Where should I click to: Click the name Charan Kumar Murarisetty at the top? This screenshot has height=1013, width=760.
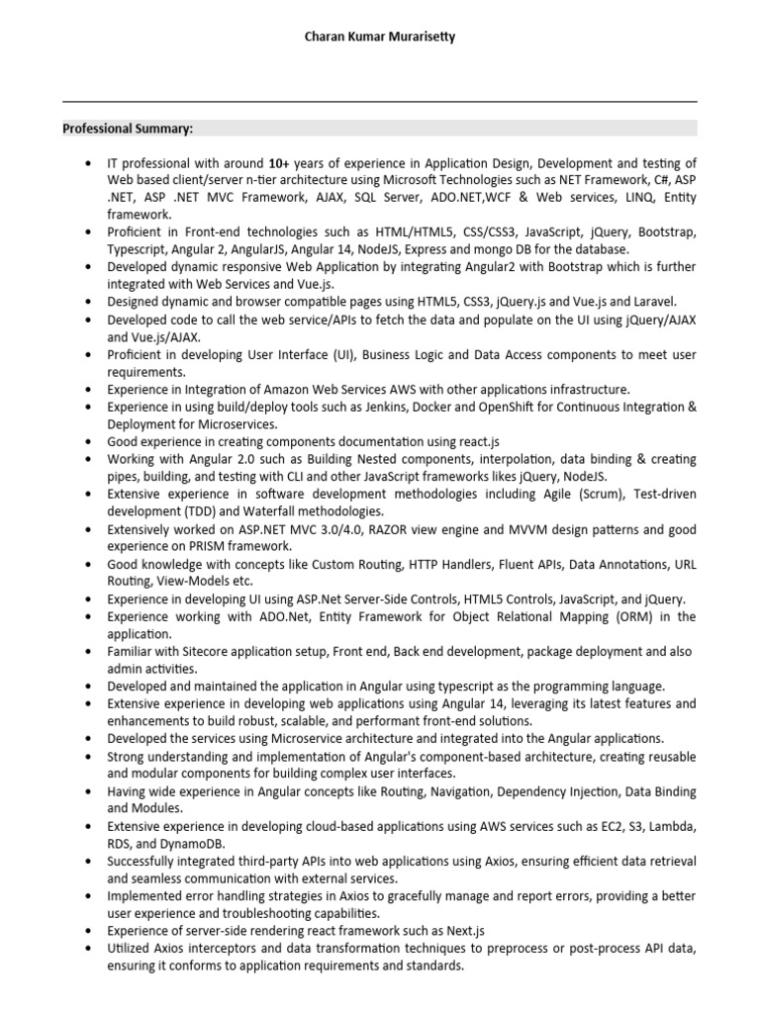point(380,37)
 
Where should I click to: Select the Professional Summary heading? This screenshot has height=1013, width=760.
point(129,129)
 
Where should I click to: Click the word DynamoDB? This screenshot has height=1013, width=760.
point(192,843)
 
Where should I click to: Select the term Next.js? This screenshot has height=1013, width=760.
point(462,930)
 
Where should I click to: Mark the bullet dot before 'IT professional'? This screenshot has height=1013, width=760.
point(89,163)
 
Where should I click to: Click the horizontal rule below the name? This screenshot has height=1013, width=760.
point(380,102)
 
